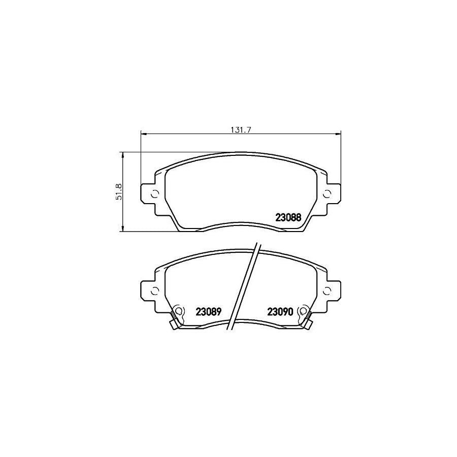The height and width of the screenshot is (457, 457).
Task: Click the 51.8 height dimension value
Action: [x=119, y=192]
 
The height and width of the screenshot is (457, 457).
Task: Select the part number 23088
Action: [x=288, y=217]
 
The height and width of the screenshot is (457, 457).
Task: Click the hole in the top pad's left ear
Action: [x=155, y=193]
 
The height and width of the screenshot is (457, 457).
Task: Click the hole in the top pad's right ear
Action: [x=327, y=193]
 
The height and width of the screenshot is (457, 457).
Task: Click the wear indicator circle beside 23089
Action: [x=178, y=311]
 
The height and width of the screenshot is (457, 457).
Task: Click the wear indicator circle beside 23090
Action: [x=304, y=311]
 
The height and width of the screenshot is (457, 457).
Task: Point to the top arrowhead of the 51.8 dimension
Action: [x=122, y=154]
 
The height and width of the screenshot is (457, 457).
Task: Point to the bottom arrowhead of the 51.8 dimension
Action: [x=122, y=229]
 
